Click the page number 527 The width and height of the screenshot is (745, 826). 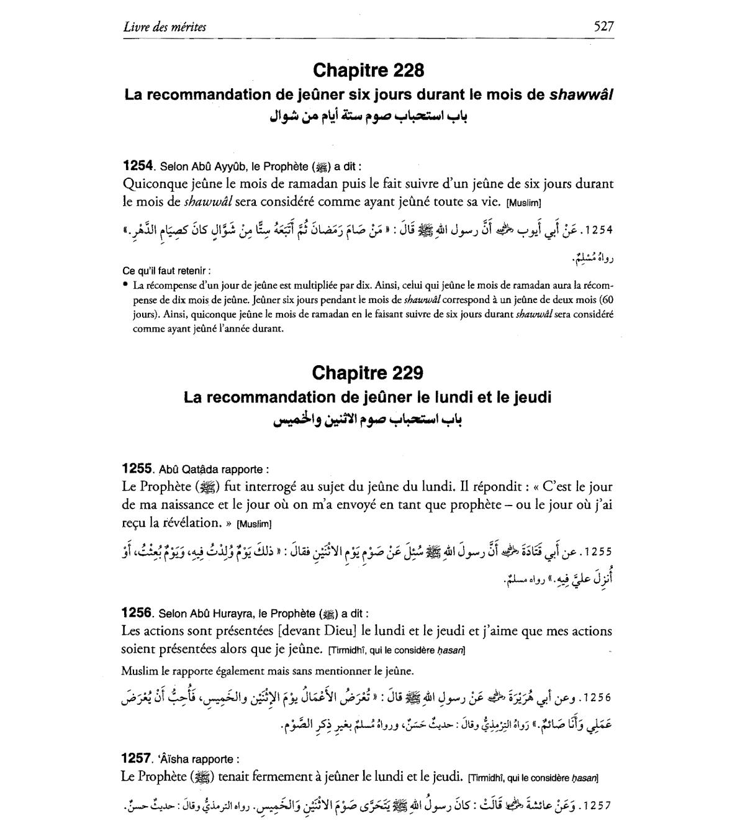[603, 26]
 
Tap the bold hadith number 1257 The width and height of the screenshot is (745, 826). [137, 758]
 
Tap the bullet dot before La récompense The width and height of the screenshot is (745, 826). [125, 284]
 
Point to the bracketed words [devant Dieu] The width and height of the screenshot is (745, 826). [317, 631]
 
